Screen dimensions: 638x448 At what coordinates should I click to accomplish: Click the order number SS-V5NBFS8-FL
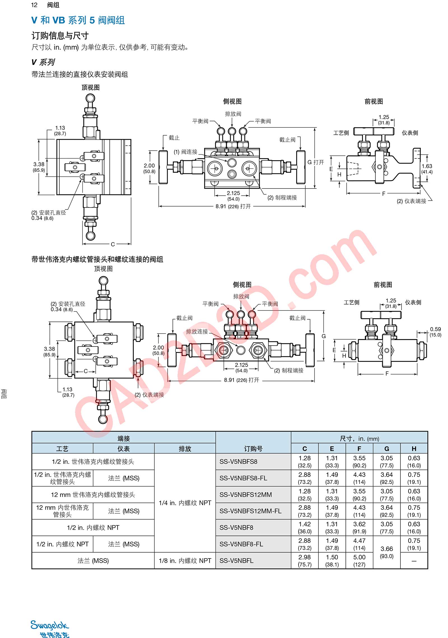(243, 478)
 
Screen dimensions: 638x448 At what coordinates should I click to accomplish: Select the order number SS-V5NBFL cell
(236, 561)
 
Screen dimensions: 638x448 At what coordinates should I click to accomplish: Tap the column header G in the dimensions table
(386, 449)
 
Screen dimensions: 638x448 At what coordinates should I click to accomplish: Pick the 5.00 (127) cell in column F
(359, 561)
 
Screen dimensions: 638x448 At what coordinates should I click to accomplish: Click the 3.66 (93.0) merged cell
(386, 552)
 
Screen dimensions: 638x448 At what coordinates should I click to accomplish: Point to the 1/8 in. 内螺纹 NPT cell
(185, 561)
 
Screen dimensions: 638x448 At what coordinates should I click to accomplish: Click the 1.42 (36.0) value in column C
(304, 528)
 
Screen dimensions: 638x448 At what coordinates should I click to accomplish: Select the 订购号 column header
(253, 449)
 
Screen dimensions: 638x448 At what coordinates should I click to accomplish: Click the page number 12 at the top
(34, 5)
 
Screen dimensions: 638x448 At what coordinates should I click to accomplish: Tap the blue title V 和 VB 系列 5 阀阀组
(78, 20)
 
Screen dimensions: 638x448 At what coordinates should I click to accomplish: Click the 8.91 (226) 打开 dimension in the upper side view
(233, 206)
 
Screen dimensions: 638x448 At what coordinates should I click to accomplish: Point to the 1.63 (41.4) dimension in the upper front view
(427, 169)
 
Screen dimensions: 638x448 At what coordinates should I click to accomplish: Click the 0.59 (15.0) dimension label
(435, 332)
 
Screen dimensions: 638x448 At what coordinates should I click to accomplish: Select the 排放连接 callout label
(197, 332)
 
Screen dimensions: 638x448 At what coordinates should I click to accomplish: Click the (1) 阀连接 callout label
(185, 152)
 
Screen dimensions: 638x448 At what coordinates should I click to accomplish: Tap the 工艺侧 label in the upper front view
(341, 133)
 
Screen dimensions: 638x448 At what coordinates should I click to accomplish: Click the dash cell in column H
(414, 561)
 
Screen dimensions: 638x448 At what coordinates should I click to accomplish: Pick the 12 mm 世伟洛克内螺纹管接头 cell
(93, 495)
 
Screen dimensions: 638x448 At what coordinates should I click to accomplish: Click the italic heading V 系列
(43, 62)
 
